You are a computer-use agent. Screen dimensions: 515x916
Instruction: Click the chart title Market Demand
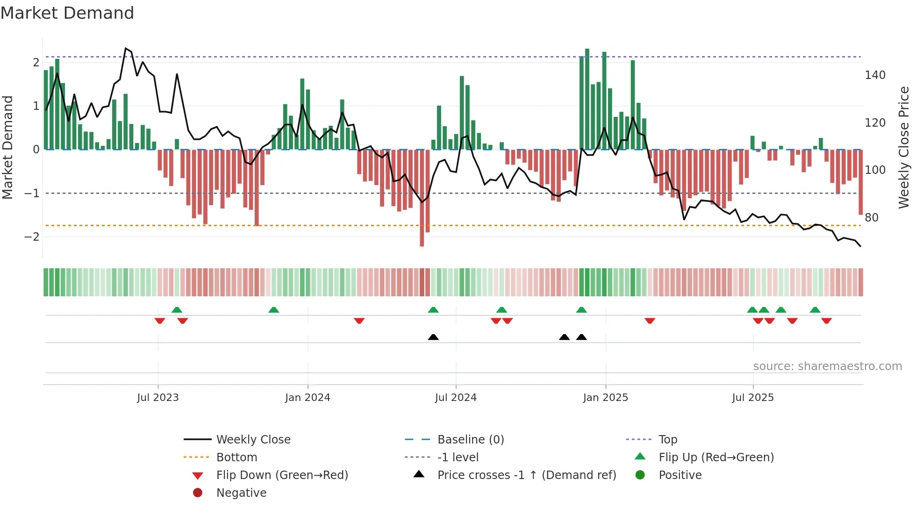point(67,13)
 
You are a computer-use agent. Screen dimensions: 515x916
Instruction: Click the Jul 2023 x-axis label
point(157,398)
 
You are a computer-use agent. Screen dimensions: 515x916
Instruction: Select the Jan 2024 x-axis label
point(308,398)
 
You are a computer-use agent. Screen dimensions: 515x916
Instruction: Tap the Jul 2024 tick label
point(456,398)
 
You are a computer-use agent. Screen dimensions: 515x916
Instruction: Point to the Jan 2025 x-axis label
point(605,398)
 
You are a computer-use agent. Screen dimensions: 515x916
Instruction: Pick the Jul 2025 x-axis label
point(753,398)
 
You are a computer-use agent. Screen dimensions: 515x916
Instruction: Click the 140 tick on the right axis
point(875,75)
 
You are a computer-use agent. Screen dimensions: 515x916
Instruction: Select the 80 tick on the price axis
point(872,218)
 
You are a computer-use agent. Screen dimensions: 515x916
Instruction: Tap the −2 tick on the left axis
point(32,237)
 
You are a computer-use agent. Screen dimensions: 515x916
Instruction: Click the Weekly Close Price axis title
point(904,147)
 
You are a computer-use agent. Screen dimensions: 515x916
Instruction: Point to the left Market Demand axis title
point(7,147)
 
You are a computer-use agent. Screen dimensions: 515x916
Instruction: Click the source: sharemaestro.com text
point(827,366)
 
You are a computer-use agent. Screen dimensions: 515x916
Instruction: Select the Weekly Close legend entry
point(253,440)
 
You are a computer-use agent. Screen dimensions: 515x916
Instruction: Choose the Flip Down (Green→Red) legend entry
point(282,475)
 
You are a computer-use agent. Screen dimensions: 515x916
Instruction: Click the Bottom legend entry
point(236,458)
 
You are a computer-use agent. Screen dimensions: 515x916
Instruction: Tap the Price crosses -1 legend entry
point(526,475)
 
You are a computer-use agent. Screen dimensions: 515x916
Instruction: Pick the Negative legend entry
point(241,493)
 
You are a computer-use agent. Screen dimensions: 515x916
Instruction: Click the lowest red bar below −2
point(422,243)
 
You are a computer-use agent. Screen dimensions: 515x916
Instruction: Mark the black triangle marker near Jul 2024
point(433,337)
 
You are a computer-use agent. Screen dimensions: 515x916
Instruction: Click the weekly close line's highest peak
point(126,49)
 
